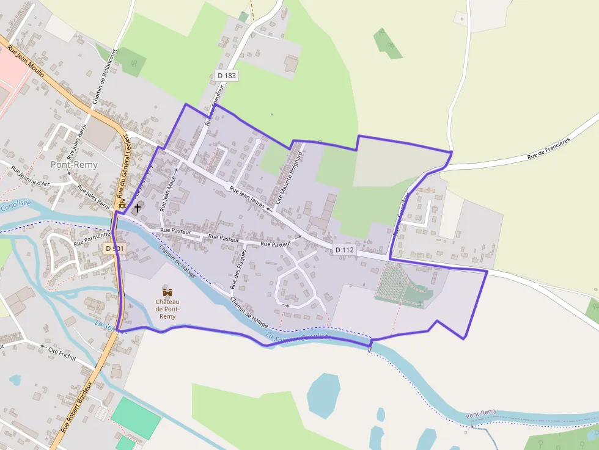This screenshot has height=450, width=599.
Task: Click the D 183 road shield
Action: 227,76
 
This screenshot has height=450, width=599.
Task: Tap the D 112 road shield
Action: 345,250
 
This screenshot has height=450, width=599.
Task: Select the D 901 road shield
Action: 115,249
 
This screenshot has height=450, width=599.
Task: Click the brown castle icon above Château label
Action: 167,292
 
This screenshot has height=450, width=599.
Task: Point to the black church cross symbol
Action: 138,208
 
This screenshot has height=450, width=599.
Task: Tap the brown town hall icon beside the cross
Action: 122,204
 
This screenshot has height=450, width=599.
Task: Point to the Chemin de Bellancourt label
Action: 100,84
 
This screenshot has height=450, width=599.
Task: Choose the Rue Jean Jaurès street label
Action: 247,198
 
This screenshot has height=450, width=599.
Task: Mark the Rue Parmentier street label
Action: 92,239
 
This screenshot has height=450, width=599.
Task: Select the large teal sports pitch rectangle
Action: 136,418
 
